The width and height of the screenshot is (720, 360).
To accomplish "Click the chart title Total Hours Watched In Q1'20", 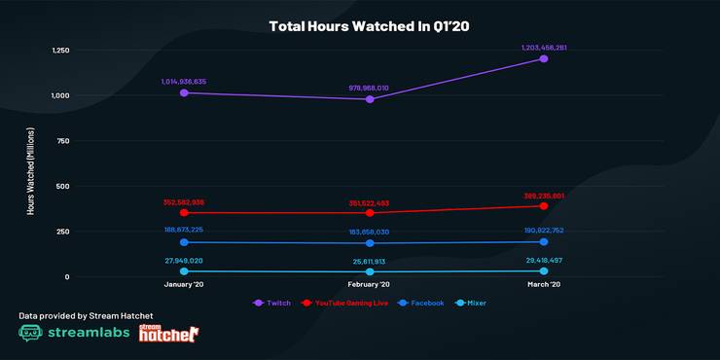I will pos(359,26).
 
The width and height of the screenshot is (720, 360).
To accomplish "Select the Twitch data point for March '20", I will pos(543,58).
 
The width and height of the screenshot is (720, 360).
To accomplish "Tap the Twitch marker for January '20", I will pos(183,92).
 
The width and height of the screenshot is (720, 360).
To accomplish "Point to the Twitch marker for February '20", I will pos(370,99).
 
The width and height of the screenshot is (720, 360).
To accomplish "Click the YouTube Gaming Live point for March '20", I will pos(543,206).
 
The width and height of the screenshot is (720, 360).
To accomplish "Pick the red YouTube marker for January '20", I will pos(183,212).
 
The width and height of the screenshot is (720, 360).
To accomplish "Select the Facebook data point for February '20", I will pos(370,243).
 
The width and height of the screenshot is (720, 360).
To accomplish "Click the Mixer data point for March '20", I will pos(543,271).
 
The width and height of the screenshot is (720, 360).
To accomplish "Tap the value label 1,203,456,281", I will pos(543,46).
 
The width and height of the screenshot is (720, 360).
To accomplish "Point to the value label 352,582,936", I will pos(183,201).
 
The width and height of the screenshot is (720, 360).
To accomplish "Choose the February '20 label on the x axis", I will pos(370,284).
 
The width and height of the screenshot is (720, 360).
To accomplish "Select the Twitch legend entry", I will pos(273,303).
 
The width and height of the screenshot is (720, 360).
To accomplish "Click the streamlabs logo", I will pos(72,333).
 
